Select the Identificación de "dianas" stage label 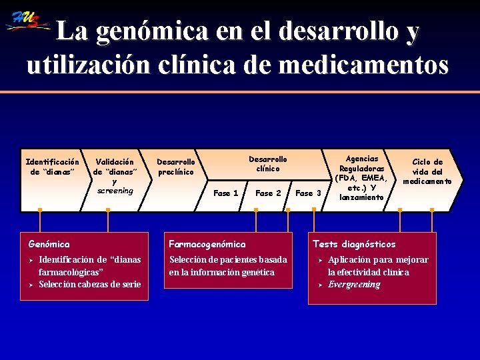click(x=52, y=167)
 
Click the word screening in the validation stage click(x=115, y=191)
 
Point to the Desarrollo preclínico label click(x=176, y=167)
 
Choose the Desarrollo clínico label click(x=268, y=164)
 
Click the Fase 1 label click(x=225, y=193)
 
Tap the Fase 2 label click(x=268, y=193)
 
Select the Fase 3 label click(x=308, y=193)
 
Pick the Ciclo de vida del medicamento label click(x=427, y=171)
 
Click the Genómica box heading click(x=54, y=245)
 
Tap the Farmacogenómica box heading click(x=207, y=245)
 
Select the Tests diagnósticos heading click(x=354, y=245)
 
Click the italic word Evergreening click(x=354, y=285)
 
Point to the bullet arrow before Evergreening click(x=320, y=285)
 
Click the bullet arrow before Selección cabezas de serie click(x=31, y=285)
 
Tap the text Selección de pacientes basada click(x=228, y=259)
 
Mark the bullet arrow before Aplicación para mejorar click(x=320, y=260)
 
